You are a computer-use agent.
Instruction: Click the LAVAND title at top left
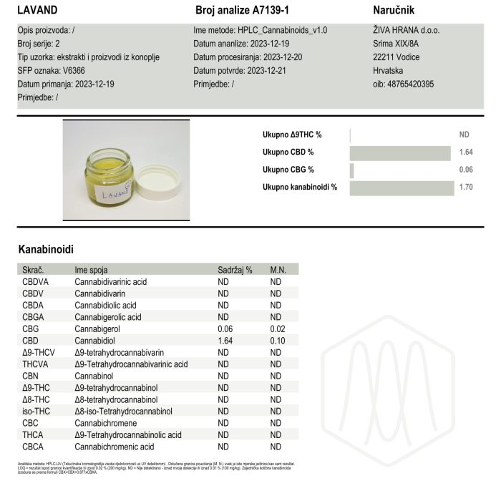[x=37, y=11]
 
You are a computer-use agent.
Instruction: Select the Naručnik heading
[x=394, y=11]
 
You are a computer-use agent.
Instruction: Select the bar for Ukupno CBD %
[x=402, y=152]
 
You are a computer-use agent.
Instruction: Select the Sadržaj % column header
[x=235, y=270]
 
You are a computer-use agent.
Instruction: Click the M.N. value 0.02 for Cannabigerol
[x=277, y=329]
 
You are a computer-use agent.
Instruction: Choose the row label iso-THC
[x=37, y=411]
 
